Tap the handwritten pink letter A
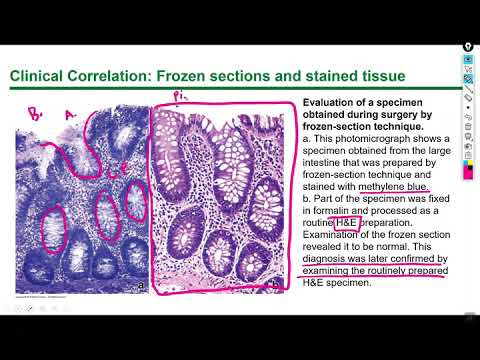pyautogui.click(x=70, y=114)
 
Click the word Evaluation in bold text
pyautogui.click(x=331, y=103)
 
